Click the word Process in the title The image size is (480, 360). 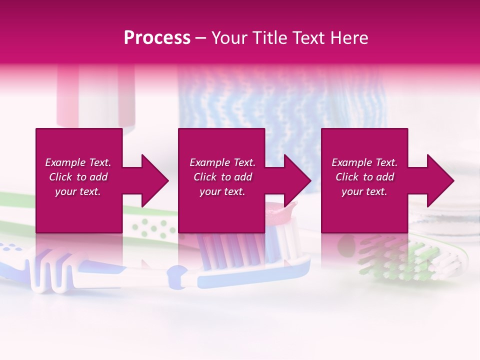click(157, 38)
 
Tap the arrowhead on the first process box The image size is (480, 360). click(155, 180)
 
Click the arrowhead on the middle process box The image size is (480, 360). click(298, 180)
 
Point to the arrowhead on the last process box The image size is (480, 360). click(440, 180)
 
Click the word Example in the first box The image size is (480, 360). click(65, 162)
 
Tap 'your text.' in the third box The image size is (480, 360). click(364, 192)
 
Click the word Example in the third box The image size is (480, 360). click(351, 162)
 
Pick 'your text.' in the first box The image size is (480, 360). click(77, 192)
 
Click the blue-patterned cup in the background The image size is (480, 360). click(280, 100)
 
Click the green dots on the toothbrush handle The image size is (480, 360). click(152, 227)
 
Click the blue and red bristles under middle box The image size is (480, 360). click(225, 247)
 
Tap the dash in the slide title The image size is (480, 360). click(200, 38)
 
